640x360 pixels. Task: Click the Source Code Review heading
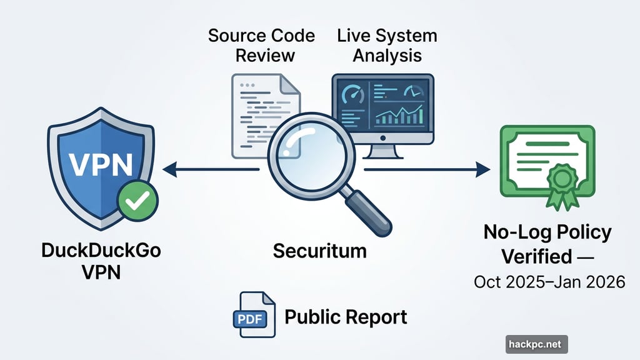(x=261, y=44)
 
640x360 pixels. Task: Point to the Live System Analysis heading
(x=387, y=44)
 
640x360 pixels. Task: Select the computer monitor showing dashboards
(x=382, y=112)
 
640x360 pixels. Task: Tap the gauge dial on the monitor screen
(x=354, y=93)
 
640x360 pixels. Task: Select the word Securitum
(x=319, y=251)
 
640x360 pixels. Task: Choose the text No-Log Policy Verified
(x=547, y=244)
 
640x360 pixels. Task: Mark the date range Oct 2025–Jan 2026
(x=549, y=282)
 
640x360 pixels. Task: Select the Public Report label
(x=346, y=317)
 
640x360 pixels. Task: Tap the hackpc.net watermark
(x=536, y=344)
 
